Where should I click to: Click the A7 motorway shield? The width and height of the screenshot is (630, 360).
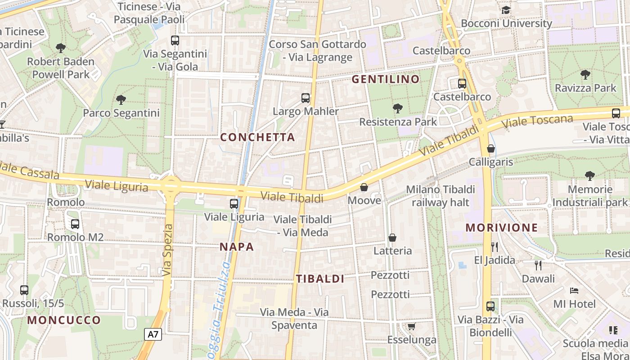pyautogui.click(x=153, y=334)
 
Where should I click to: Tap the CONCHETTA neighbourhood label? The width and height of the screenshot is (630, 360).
pyautogui.click(x=257, y=137)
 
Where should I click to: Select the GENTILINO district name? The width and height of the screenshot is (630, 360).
pyautogui.click(x=385, y=80)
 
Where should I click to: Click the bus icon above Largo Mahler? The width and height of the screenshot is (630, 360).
pyautogui.click(x=306, y=98)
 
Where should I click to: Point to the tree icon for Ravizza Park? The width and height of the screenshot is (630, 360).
pyautogui.click(x=585, y=75)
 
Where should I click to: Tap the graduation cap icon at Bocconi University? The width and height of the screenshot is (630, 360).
pyautogui.click(x=506, y=10)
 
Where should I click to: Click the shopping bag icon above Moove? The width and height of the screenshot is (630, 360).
pyautogui.click(x=364, y=187)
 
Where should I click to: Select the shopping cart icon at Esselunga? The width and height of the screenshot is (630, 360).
pyautogui.click(x=411, y=326)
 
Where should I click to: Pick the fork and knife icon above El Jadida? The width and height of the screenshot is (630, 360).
pyautogui.click(x=495, y=247)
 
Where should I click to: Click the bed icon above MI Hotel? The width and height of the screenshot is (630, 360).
pyautogui.click(x=574, y=290)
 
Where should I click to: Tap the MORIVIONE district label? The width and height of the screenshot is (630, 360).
pyautogui.click(x=502, y=228)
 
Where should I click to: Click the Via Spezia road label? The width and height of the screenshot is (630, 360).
pyautogui.click(x=167, y=250)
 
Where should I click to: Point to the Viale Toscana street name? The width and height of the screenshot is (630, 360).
pyautogui.click(x=538, y=121)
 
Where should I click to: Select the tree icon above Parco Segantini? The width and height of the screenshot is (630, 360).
pyautogui.click(x=121, y=99)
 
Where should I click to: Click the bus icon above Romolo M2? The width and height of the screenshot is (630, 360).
pyautogui.click(x=75, y=224)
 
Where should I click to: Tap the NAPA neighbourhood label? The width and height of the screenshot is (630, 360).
pyautogui.click(x=237, y=247)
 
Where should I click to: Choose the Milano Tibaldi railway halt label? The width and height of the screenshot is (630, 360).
pyautogui.click(x=441, y=196)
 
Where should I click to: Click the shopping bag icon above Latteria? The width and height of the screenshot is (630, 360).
pyautogui.click(x=392, y=237)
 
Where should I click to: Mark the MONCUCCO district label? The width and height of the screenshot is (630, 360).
pyautogui.click(x=64, y=320)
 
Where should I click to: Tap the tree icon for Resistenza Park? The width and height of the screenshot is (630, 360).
pyautogui.click(x=397, y=108)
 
